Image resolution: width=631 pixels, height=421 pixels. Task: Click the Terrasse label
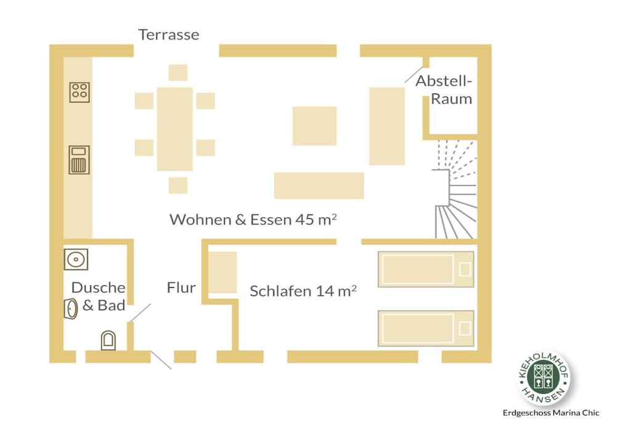(x=169, y=35)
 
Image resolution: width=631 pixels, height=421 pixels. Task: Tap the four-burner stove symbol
(x=79, y=92)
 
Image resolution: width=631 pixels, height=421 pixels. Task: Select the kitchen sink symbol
(x=79, y=160)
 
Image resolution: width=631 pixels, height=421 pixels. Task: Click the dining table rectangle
(x=174, y=129)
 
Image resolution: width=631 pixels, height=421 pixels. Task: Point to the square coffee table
(x=314, y=126)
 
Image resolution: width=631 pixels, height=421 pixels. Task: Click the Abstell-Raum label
(x=444, y=90)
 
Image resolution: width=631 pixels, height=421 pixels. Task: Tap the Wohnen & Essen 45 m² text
(x=253, y=219)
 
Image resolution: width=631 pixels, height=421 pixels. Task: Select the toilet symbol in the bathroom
(x=108, y=340)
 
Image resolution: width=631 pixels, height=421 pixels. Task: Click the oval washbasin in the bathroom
(x=71, y=309)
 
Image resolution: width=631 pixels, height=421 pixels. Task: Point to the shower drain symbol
(x=76, y=260)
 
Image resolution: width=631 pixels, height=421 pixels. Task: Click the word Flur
(x=181, y=288)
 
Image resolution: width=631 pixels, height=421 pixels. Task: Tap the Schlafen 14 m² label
(x=303, y=291)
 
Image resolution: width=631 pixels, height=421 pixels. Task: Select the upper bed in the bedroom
(x=426, y=269)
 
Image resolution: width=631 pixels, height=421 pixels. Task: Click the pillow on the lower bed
(x=465, y=329)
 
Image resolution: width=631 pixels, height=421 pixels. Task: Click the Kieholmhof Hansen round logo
(x=543, y=377)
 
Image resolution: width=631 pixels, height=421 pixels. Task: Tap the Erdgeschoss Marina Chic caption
(x=551, y=413)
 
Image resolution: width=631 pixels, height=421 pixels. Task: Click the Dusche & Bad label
(x=99, y=296)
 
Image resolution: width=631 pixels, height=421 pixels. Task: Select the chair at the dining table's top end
(x=178, y=73)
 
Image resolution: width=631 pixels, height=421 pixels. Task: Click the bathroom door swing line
(x=140, y=313)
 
